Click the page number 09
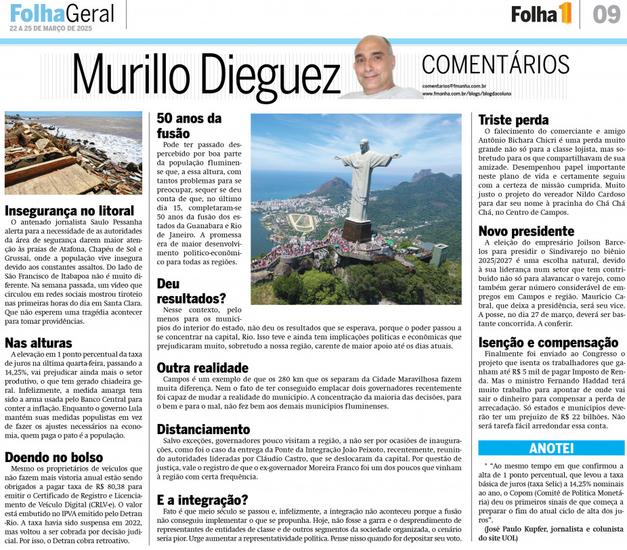(x=606, y=14)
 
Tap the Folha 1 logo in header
(x=541, y=14)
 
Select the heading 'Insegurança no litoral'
(x=70, y=211)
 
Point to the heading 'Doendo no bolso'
(x=54, y=457)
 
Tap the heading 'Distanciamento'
(x=204, y=429)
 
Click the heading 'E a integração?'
(x=202, y=500)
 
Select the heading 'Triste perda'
(x=513, y=120)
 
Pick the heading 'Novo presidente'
(x=526, y=231)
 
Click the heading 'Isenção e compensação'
(x=548, y=342)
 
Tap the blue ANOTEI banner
(x=551, y=448)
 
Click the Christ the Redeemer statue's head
(x=364, y=145)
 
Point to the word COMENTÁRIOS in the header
(x=495, y=65)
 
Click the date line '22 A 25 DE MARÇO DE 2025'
(x=51, y=29)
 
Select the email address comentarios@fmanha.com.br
(x=454, y=86)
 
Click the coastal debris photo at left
(x=73, y=152)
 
